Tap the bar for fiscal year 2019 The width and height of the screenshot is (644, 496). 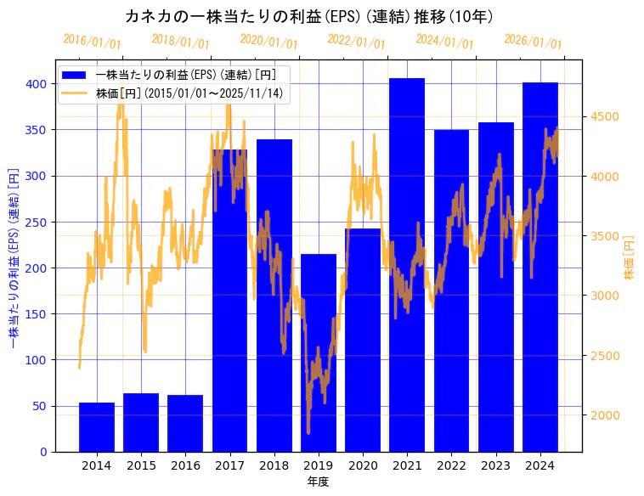click(x=319, y=352)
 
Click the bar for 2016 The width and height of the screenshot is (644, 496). click(x=185, y=423)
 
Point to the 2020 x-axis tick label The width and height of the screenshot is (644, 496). click(x=363, y=465)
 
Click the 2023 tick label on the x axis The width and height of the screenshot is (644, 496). click(x=496, y=465)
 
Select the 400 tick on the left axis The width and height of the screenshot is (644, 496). click(x=36, y=84)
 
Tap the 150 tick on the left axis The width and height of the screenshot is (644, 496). click(x=36, y=314)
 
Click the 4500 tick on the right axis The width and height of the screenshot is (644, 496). click(x=605, y=117)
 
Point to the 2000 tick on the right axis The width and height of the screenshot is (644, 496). click(x=605, y=415)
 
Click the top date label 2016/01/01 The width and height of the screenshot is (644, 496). click(x=92, y=42)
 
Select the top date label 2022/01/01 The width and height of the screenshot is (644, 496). click(x=356, y=42)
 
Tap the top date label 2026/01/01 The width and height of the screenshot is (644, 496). click(x=533, y=42)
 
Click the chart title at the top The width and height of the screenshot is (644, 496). click(x=309, y=16)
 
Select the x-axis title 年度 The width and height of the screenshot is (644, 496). click(x=318, y=482)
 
